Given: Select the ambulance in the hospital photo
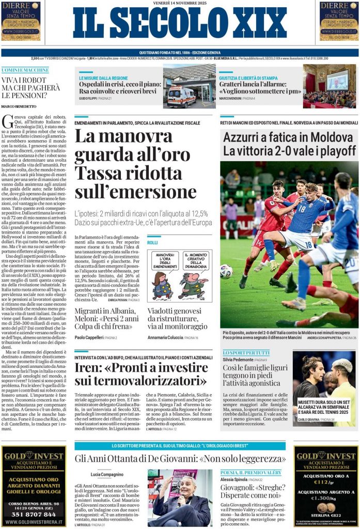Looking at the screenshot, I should pyautogui.click(x=181, y=96).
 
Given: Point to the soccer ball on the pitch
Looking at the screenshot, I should pyautogui.click(x=226, y=271).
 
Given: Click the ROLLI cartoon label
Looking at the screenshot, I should pyautogui.click(x=152, y=242).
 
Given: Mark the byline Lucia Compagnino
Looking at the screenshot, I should pyautogui.click(x=107, y=474).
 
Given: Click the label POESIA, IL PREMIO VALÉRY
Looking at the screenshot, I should pyautogui.click(x=251, y=473).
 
